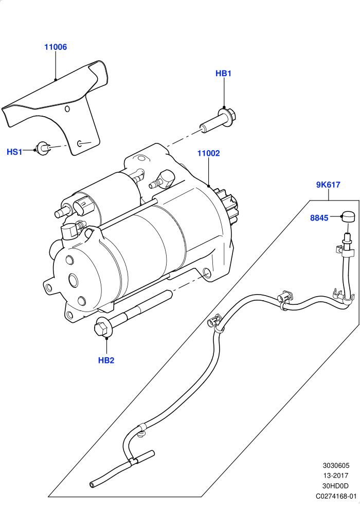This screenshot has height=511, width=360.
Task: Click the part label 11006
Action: pyautogui.click(x=56, y=47)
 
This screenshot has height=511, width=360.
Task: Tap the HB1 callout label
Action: pyautogui.click(x=223, y=74)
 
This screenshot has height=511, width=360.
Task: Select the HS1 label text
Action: pyautogui.click(x=14, y=152)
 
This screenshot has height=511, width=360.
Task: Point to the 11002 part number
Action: pyautogui.click(x=209, y=153)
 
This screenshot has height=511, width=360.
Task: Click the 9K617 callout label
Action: pyautogui.click(x=328, y=185)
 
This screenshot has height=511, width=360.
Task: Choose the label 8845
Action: pyautogui.click(x=319, y=218)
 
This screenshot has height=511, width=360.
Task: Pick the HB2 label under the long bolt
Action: pyautogui.click(x=106, y=360)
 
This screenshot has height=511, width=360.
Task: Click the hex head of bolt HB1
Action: pyautogui.click(x=231, y=115)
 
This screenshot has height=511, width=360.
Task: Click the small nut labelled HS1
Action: pyautogui.click(x=42, y=148)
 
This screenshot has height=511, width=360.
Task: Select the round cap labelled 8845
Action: pyautogui.click(x=348, y=216)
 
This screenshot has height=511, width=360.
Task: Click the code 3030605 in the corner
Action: pyautogui.click(x=336, y=466)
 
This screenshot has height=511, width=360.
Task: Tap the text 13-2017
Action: pyautogui.click(x=336, y=476)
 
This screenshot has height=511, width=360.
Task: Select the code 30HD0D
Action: pyautogui.click(x=335, y=486)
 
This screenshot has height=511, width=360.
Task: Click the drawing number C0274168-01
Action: pyautogui.click(x=336, y=496)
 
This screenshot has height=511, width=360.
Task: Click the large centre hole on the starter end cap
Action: pyautogui.click(x=73, y=280)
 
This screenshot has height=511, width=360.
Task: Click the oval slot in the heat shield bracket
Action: pyautogui.click(x=80, y=143)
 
